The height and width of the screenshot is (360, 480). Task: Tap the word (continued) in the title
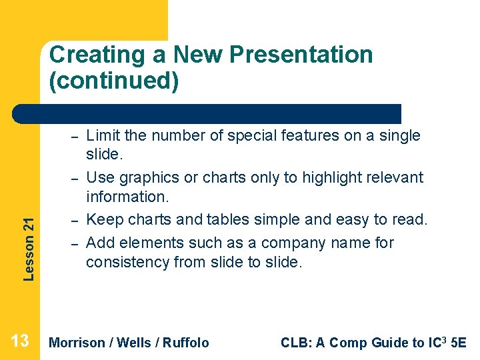click(114, 81)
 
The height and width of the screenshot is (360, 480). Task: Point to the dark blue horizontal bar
click(207, 114)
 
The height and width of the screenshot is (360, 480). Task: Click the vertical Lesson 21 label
click(29, 239)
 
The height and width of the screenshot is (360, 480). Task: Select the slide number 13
click(20, 342)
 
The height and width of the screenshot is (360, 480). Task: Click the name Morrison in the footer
click(77, 343)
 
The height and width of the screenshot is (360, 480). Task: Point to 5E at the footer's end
click(459, 343)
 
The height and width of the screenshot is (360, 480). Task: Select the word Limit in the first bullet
click(103, 135)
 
